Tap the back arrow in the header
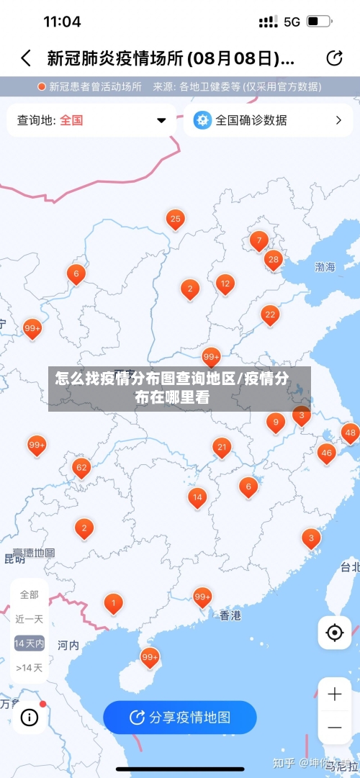pyautogui.click(x=26, y=58)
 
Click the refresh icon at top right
pyautogui.click(x=334, y=58)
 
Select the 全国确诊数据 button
pyautogui.click(x=267, y=120)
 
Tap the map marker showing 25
pyautogui.click(x=175, y=219)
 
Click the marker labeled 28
pyautogui.click(x=273, y=259)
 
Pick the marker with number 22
pyautogui.click(x=270, y=315)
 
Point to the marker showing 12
pyautogui.click(x=225, y=284)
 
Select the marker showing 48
pyautogui.click(x=350, y=433)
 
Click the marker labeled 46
pyautogui.click(x=327, y=453)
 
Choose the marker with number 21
pyautogui.click(x=222, y=448)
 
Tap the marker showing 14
pyautogui.click(x=197, y=497)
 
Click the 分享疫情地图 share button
pyautogui.click(x=179, y=717)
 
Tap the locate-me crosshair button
pyautogui.click(x=334, y=633)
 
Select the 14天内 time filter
pyautogui.click(x=30, y=643)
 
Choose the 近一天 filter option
pyautogui.click(x=30, y=619)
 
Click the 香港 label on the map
pyautogui.click(x=230, y=615)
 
